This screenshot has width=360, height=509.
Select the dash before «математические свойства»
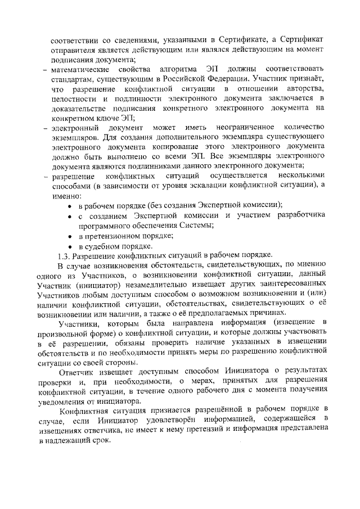point(44,70)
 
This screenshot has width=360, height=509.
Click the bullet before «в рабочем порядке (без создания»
point(69,205)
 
